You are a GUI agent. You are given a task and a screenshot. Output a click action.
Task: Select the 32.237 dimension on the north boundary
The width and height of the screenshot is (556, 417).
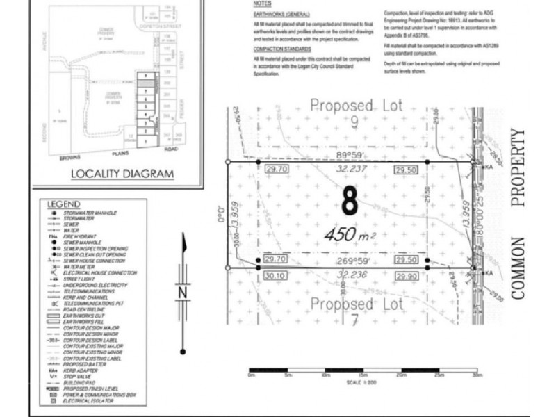pyautogui.click(x=351, y=169)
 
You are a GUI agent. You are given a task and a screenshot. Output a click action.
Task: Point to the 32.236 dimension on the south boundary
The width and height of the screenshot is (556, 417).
pyautogui.click(x=351, y=275)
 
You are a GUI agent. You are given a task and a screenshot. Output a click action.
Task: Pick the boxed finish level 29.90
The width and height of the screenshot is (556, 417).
pyautogui.click(x=407, y=276)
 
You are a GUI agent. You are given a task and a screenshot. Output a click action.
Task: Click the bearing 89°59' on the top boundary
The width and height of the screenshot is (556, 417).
pyautogui.click(x=351, y=156)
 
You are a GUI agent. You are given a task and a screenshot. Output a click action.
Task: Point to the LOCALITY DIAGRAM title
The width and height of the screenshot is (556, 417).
pyautogui.click(x=122, y=174)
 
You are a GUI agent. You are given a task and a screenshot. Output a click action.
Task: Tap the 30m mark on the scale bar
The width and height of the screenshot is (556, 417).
pyautogui.click(x=476, y=376)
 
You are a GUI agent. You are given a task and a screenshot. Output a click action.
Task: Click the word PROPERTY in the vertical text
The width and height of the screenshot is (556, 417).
pyautogui.click(x=516, y=167)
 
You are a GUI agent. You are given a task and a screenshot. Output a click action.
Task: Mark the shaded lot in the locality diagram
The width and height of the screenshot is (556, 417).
pyautogui.click(x=146, y=83)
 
